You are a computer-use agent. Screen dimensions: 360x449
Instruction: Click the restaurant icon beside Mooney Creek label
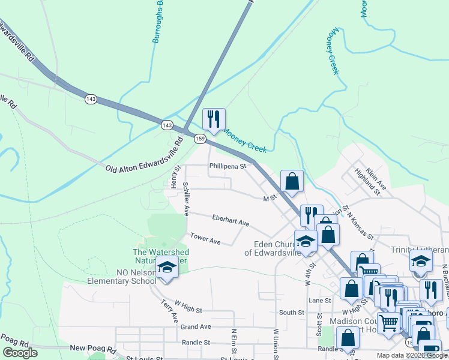coord(214,119)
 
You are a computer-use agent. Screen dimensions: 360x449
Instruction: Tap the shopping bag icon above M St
coord(292,181)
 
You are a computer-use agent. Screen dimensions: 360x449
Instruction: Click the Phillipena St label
coord(228,166)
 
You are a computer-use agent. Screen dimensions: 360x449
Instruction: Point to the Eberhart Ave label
coord(231,220)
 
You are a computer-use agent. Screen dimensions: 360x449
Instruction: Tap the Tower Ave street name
coord(206,239)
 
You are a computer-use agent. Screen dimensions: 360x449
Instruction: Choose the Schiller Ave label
coord(186,199)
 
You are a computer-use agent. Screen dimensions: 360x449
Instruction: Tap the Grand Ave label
coord(196,327)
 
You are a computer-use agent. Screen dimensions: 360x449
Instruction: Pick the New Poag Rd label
coord(92,348)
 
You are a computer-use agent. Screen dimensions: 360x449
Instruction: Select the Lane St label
coord(320,300)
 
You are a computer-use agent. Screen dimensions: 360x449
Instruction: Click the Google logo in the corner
coord(20,353)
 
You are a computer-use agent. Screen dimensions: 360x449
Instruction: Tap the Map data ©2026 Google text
coord(412,355)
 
